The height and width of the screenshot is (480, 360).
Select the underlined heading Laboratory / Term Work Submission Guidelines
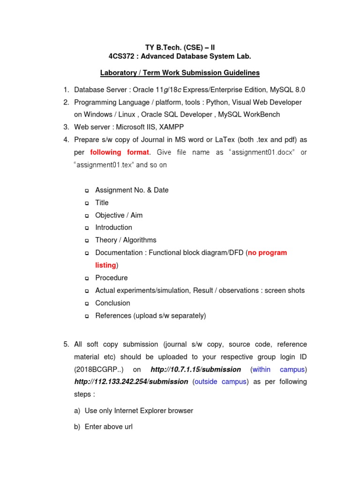(180, 73)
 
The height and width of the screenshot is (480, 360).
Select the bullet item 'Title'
(102, 202)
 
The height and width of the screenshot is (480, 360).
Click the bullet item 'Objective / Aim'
(119, 215)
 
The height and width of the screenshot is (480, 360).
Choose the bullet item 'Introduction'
(113, 227)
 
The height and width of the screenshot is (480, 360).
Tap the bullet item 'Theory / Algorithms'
(126, 240)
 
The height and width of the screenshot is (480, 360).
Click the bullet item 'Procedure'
(111, 277)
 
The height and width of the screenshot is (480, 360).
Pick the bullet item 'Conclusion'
(112, 303)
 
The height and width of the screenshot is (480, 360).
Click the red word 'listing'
(105, 265)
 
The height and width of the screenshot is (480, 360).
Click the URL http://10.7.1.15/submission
(196, 369)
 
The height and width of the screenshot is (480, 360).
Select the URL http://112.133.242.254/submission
(131, 382)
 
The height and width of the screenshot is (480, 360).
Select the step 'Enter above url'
(108, 427)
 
